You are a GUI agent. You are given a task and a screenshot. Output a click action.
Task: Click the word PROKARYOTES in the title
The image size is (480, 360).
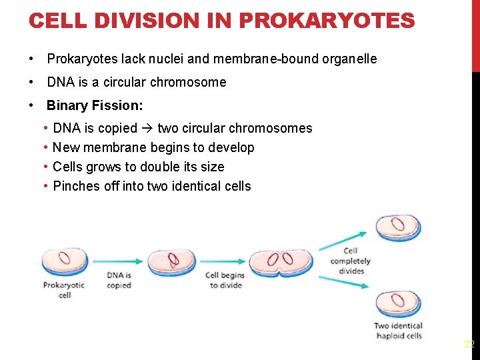click(x=326, y=21)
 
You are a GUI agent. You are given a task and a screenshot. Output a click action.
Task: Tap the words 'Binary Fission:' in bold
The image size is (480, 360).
click(x=95, y=105)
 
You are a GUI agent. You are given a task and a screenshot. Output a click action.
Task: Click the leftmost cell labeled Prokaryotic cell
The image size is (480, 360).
click(x=65, y=261)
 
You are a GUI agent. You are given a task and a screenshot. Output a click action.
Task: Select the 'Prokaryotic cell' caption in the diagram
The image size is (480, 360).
click(x=64, y=290)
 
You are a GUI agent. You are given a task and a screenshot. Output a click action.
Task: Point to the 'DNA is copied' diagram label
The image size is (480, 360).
click(x=119, y=280)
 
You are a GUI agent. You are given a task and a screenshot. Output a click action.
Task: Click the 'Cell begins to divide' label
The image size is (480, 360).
click(x=225, y=280)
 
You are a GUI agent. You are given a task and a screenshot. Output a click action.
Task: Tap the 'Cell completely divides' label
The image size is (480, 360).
click(x=351, y=261)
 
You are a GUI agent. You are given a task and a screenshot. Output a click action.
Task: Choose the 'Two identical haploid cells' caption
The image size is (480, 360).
click(x=398, y=331)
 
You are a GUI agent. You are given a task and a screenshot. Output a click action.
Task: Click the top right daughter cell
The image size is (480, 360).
click(x=398, y=227)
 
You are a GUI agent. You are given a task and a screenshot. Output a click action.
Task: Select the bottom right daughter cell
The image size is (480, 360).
click(x=398, y=304)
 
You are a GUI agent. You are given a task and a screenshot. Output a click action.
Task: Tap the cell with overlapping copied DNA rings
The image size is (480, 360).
click(x=171, y=261)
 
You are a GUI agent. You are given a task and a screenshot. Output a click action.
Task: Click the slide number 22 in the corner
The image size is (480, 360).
click(x=469, y=345)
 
